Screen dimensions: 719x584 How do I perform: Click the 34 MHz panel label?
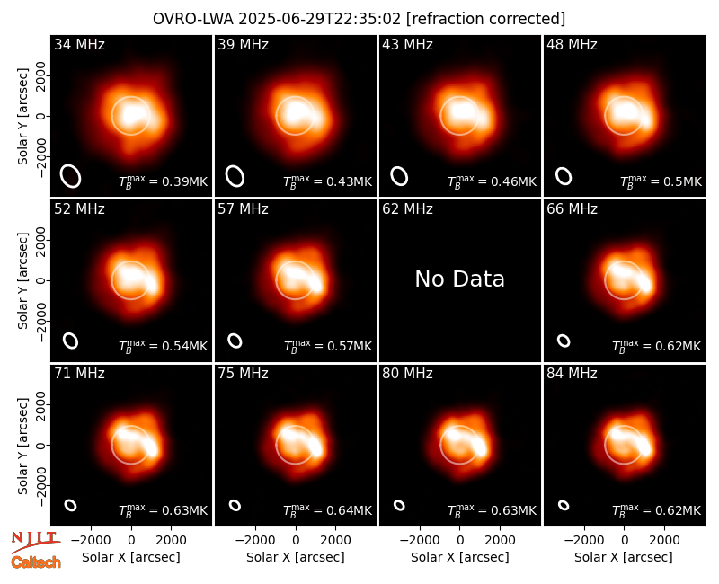[79, 44]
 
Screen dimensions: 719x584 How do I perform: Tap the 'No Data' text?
[459, 279]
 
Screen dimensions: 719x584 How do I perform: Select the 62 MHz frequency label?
[407, 209]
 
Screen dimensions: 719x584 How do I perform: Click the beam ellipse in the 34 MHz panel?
[71, 176]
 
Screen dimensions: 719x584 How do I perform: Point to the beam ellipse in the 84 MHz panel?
[564, 505]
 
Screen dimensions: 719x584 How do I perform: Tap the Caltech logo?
[36, 562]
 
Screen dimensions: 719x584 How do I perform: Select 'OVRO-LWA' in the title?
[193, 19]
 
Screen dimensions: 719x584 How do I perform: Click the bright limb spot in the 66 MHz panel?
[644, 283]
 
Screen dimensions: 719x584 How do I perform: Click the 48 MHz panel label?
[572, 44]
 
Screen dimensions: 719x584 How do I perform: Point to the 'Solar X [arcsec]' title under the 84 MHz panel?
[624, 557]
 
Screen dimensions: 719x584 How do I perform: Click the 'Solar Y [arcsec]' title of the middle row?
[22, 280]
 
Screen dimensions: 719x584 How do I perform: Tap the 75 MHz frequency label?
[243, 374]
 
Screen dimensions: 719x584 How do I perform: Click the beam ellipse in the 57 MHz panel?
[235, 341]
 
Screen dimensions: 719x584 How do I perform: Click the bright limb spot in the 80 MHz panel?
[480, 447]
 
